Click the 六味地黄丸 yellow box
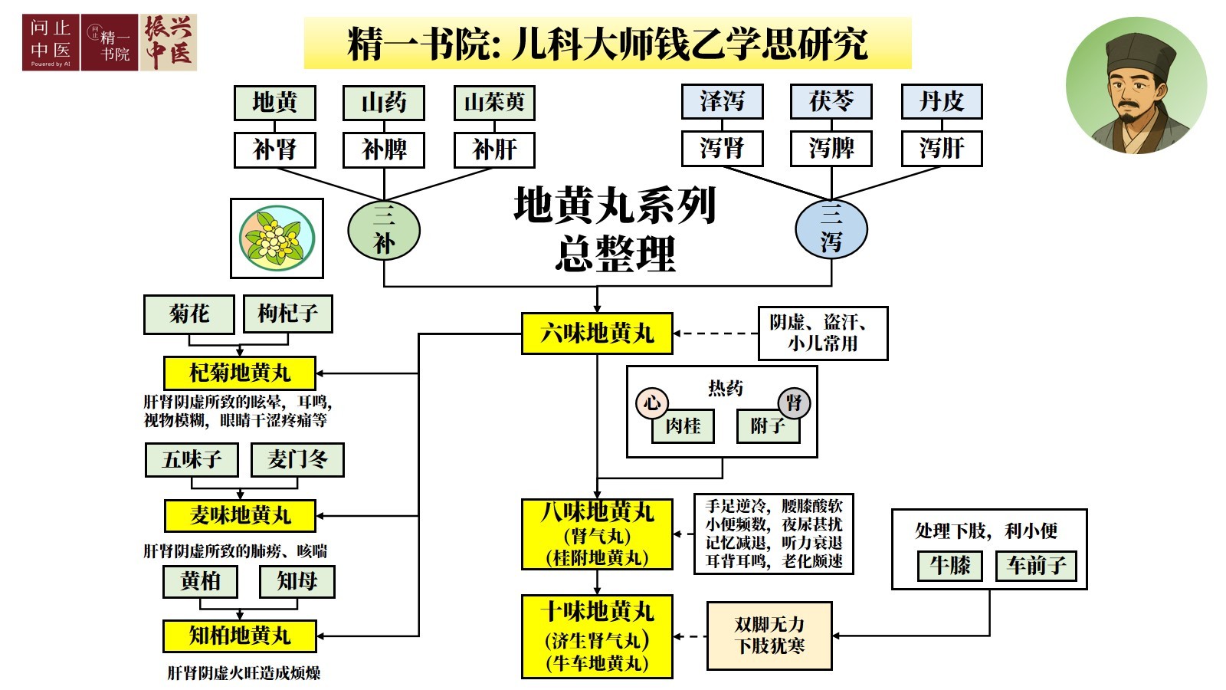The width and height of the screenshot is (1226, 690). coord(597,333)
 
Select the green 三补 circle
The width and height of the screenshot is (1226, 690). coord(384,230)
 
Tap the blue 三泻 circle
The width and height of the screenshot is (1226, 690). coord(831,229)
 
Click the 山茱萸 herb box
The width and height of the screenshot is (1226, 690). coord(494,103)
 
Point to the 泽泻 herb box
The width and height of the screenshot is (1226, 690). coord(722,101)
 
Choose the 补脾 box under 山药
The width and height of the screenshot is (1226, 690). coord(384,149)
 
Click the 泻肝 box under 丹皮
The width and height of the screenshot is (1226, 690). coord(941,149)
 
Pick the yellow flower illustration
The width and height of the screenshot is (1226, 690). coord(277,238)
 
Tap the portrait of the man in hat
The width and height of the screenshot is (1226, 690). coord(1136,86)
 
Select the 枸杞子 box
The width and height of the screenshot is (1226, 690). coord(288,314)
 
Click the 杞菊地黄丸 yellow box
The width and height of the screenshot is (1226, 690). coord(240,373)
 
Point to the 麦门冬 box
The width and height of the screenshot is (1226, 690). coord(297,460)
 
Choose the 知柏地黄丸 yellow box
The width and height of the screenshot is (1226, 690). coord(240,636)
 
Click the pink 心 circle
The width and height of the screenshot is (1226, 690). coord(652,402)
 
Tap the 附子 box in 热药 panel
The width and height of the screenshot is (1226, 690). coord(768,426)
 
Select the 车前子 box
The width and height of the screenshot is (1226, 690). coord(1036,567)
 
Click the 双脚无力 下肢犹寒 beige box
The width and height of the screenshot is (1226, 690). coord(769,636)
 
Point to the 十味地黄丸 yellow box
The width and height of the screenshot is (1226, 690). coord(597,636)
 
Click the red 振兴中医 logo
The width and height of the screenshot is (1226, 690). coord(169,43)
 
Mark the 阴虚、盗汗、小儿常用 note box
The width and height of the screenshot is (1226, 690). coord(823,333)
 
